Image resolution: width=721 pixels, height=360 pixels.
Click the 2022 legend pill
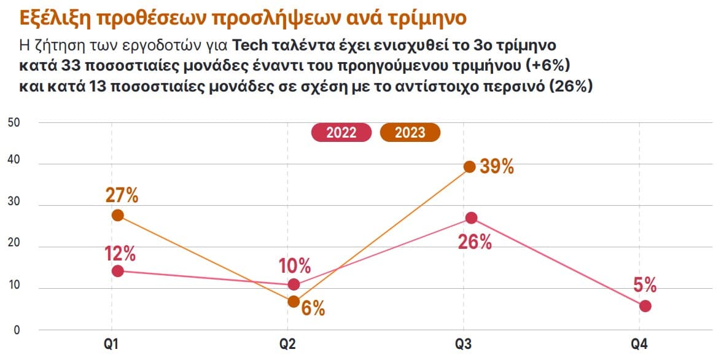pos(341,133)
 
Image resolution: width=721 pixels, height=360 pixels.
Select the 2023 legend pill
pos(410,133)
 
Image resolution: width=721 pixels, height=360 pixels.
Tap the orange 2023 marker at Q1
pos(118,216)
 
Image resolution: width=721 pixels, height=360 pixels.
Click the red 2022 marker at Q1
pos(118,271)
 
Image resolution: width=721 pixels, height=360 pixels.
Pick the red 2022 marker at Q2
pos(294,284)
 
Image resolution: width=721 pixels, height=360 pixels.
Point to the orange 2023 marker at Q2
pos(294,302)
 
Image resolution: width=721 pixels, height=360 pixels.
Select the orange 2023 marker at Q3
pos(470,166)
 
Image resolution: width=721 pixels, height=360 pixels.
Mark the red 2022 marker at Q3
pos(471,218)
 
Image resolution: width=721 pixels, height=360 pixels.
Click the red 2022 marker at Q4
pos(645,306)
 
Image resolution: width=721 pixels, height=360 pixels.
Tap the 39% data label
pos(496,166)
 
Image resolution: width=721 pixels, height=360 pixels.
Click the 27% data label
pos(121,195)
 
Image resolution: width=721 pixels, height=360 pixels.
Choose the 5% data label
pos(645,285)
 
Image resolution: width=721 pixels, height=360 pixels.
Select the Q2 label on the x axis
pos(294,345)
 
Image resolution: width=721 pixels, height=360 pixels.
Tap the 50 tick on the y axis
pos(14,122)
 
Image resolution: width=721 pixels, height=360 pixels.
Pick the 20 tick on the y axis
pos(14,247)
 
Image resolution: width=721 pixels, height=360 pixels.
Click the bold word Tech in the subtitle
pos(253,45)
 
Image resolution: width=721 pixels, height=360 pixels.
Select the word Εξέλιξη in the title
pos(53,17)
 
